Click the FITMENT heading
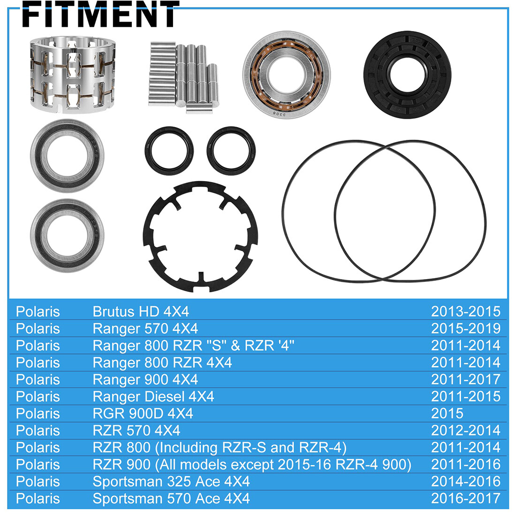[x=100, y=14]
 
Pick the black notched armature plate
[x=200, y=233]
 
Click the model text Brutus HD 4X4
[x=141, y=311]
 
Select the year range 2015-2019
[x=465, y=328]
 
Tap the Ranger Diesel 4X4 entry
[x=153, y=396]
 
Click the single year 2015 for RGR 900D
[x=447, y=413]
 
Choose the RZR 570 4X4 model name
[x=137, y=430]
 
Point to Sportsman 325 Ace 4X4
[x=171, y=481]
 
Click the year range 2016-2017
[x=465, y=498]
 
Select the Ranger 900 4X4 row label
[x=145, y=379]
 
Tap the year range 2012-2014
[x=465, y=430]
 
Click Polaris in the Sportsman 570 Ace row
[x=38, y=498]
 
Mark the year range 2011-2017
[x=465, y=379]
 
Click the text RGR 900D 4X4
[x=143, y=413]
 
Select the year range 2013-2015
[x=465, y=311]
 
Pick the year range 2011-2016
[x=465, y=464]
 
